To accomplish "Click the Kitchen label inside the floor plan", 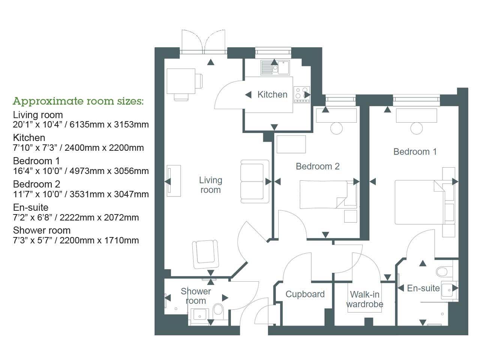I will pos(272,94).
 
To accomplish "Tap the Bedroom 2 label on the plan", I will pos(318,166).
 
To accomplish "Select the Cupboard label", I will pos(305,294).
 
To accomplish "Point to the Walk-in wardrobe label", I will pos(364,299).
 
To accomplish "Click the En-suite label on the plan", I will pos(423,288).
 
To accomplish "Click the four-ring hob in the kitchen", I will pos(301,95).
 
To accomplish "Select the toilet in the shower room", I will pos(218,310).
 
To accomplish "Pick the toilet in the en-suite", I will pos(442,271).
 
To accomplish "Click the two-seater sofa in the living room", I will pos(255,181).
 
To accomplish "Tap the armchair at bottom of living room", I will pos(205,254).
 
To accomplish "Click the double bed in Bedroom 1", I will pos(420,202).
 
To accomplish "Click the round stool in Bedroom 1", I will pos(416,128).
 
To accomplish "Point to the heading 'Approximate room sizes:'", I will pos(78,101).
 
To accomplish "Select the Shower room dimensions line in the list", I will pos(76,240).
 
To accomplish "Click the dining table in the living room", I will pos(181,81).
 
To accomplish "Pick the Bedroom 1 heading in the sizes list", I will pos(36,161).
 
